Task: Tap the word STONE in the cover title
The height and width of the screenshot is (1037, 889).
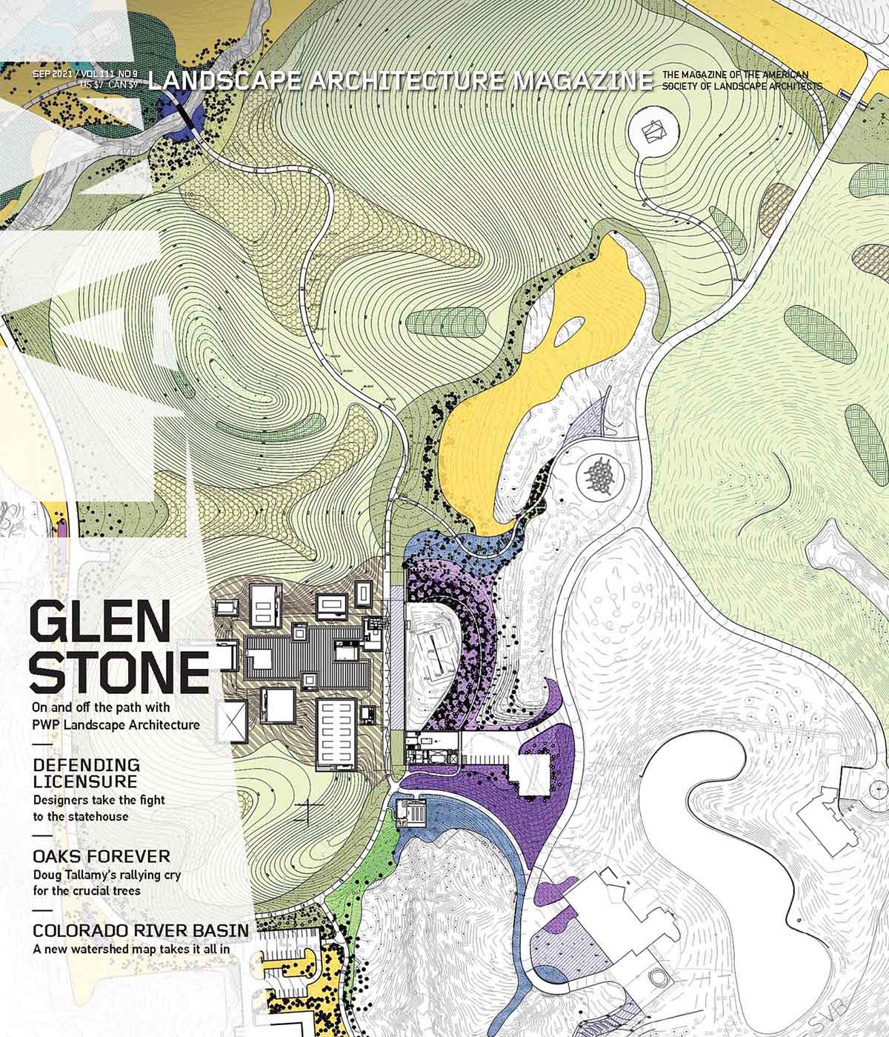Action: click(x=119, y=672)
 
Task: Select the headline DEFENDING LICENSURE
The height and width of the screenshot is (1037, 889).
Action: click(x=86, y=772)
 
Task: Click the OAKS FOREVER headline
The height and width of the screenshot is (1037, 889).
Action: click(x=101, y=856)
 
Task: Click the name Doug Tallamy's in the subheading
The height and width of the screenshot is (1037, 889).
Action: click(x=73, y=874)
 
